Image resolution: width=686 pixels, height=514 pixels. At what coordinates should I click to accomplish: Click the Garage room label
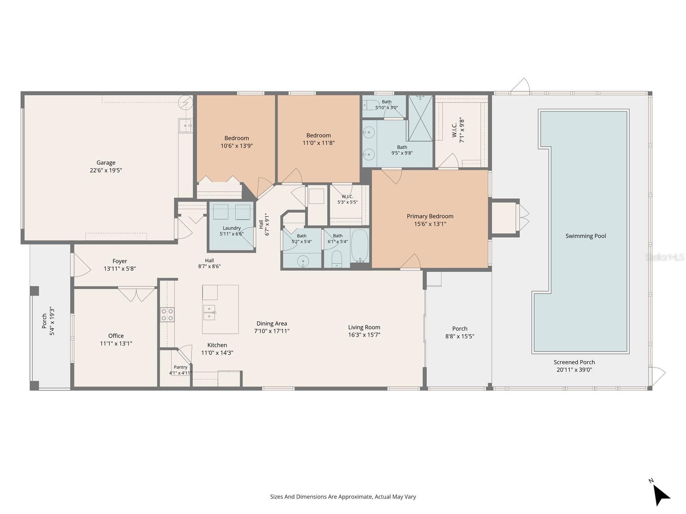pyautogui.click(x=105, y=163)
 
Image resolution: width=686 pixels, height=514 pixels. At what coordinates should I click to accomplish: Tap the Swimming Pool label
pyautogui.click(x=585, y=236)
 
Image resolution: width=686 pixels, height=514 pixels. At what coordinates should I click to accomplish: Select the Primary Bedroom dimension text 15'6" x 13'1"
pyautogui.click(x=430, y=224)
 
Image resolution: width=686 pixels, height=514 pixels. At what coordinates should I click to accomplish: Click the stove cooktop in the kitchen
pyautogui.click(x=167, y=314)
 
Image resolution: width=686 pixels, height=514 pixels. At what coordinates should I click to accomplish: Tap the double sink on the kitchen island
pyautogui.click(x=209, y=312)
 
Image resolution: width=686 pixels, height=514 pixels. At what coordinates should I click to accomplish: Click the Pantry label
pyautogui.click(x=181, y=367)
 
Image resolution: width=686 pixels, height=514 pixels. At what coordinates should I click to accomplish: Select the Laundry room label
pyautogui.click(x=232, y=228)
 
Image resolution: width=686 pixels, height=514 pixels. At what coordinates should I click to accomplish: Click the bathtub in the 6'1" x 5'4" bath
pyautogui.click(x=359, y=246)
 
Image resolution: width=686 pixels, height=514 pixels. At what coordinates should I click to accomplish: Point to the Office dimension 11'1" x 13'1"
pyautogui.click(x=116, y=343)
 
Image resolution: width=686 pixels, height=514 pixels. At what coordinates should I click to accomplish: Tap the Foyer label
pyautogui.click(x=120, y=261)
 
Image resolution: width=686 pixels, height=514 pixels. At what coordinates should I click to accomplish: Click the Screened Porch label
pyautogui.click(x=574, y=362)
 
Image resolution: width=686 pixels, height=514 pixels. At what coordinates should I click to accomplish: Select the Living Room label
pyautogui.click(x=364, y=327)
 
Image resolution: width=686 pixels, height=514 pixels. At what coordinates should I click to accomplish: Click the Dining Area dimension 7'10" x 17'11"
pyautogui.click(x=271, y=331)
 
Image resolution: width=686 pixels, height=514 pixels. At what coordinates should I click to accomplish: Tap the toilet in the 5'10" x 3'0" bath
pyautogui.click(x=368, y=105)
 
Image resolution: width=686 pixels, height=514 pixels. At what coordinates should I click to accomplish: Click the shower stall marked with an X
pyautogui.click(x=420, y=118)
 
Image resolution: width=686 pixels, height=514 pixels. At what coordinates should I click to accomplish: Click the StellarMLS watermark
pyautogui.click(x=664, y=257)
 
